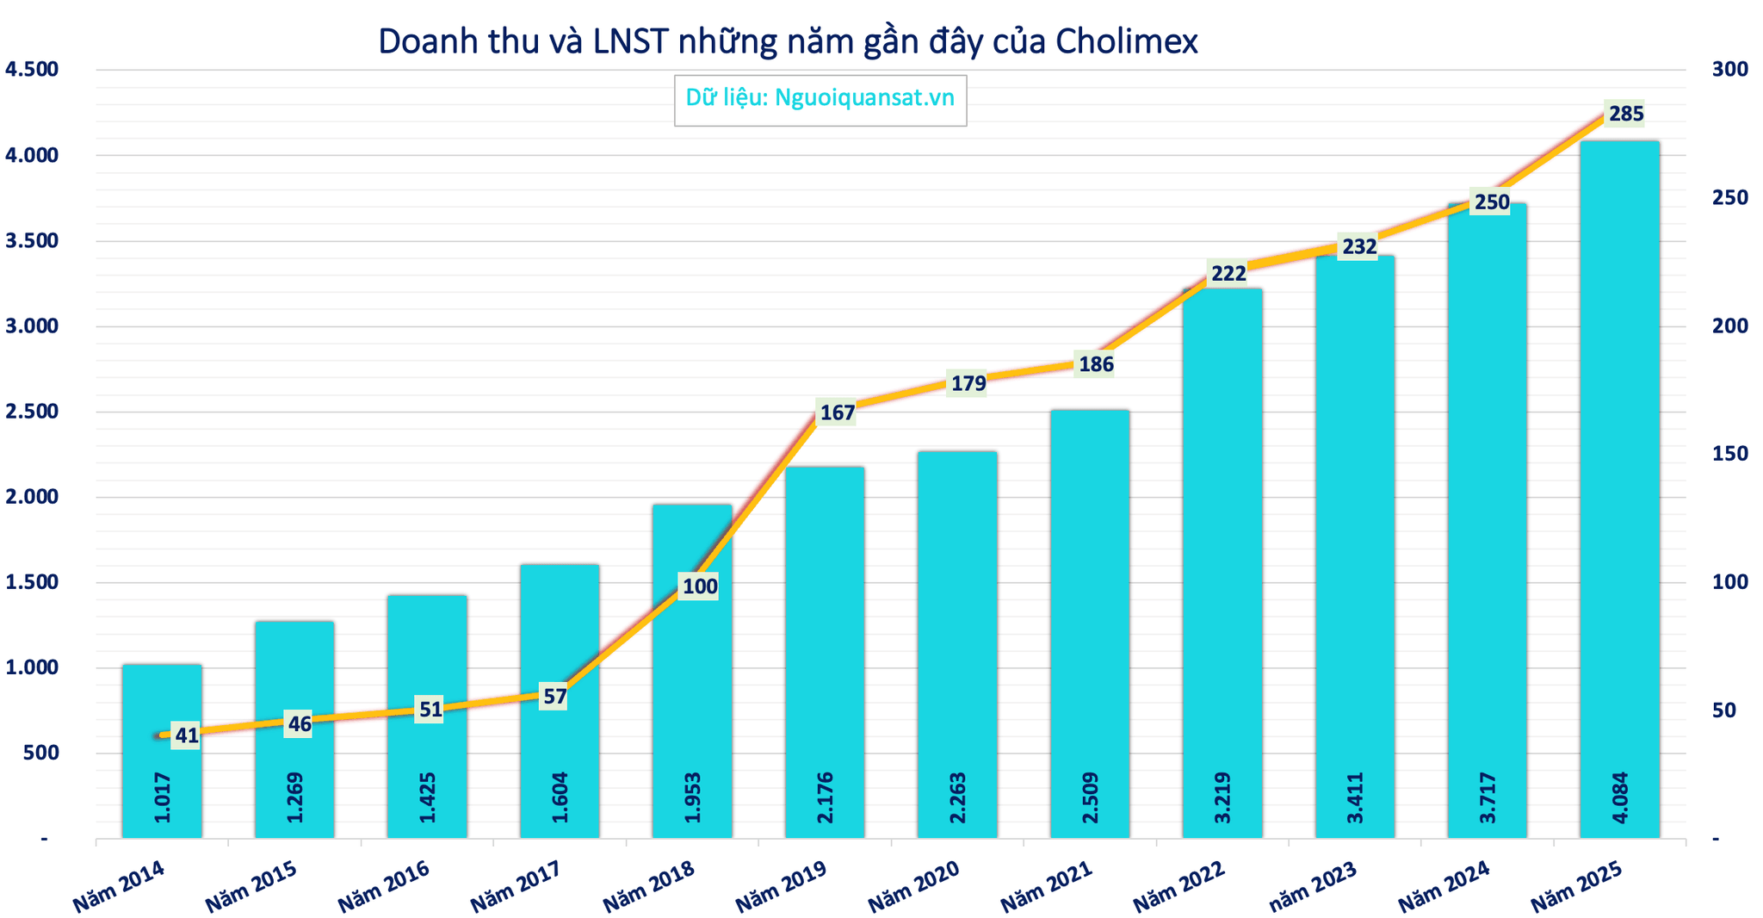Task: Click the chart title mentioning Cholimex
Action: [788, 41]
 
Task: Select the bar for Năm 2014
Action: [162, 751]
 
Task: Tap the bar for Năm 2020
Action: [957, 644]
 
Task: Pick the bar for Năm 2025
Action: [1619, 489]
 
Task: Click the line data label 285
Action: [1626, 114]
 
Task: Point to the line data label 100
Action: [699, 587]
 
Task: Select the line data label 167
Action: [837, 413]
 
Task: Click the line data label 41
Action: [187, 735]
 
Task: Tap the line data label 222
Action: [1228, 274]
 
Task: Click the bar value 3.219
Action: [1222, 797]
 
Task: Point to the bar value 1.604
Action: [560, 797]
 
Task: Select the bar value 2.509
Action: [1089, 797]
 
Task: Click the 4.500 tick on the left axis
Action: [32, 70]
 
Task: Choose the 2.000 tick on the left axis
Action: [32, 497]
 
